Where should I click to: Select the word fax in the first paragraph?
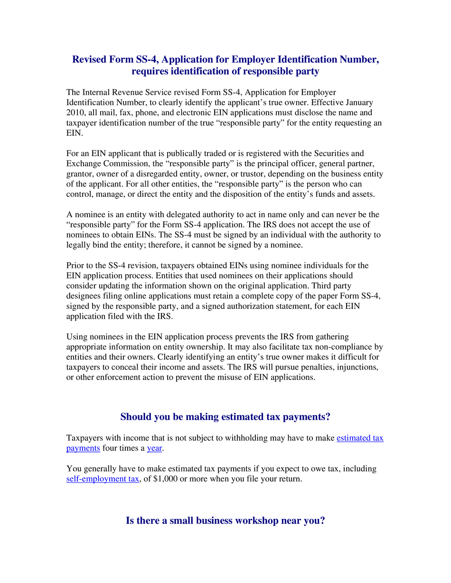click(x=127, y=113)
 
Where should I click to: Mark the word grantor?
click(x=79, y=174)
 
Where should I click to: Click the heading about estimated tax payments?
click(x=225, y=417)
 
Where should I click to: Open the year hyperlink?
click(x=154, y=448)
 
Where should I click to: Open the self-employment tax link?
click(x=103, y=479)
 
